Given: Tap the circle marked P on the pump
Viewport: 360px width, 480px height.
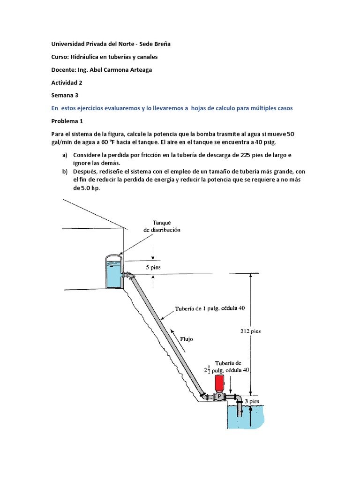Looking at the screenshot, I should (x=219, y=397).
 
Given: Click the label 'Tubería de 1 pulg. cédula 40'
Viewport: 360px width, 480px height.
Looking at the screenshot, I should (x=210, y=308).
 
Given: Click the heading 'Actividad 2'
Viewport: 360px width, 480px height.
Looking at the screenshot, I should (x=67, y=82).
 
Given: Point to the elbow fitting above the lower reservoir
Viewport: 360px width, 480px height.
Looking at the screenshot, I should (x=239, y=397).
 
